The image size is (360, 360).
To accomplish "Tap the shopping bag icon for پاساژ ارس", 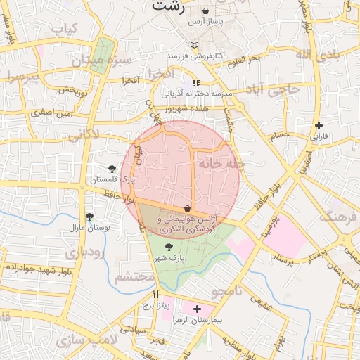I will [205, 11].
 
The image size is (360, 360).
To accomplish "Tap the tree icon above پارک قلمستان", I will [112, 168].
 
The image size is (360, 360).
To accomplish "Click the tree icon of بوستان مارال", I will [89, 217].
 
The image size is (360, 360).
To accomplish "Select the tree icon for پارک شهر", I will [168, 246].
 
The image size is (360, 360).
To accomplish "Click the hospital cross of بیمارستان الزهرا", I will [196, 309].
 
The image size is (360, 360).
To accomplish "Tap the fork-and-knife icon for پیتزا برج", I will [155, 294].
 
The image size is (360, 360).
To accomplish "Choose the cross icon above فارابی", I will [319, 124].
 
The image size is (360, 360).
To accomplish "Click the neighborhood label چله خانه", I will [221, 163].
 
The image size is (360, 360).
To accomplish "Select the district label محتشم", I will [134, 277].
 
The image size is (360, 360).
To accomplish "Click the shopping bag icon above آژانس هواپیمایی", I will [186, 208].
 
